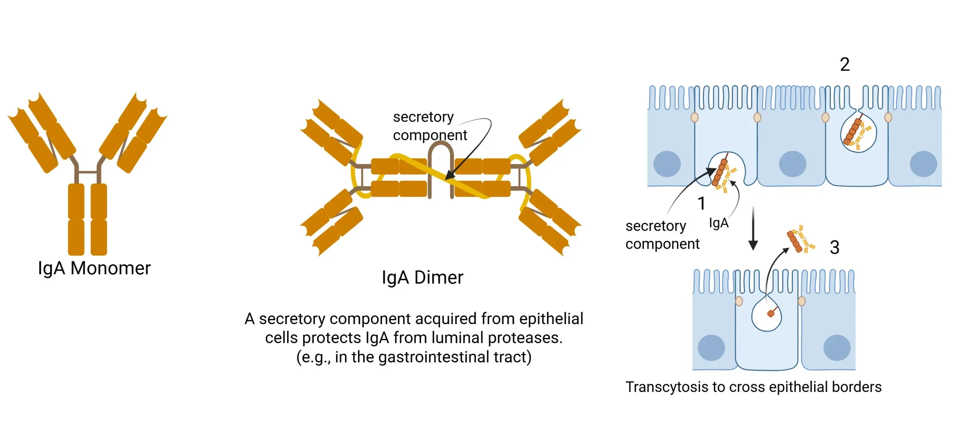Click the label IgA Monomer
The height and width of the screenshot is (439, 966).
94,268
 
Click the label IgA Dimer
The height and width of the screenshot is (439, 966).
422,278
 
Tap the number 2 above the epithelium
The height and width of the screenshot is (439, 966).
844,64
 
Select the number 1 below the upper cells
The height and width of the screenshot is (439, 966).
701,203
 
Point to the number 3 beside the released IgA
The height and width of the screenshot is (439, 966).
834,248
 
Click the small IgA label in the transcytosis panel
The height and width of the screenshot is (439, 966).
718,223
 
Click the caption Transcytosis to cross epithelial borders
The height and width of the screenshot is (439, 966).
753,387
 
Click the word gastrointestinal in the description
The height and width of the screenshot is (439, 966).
433,357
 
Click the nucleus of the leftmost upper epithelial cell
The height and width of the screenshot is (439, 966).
667,164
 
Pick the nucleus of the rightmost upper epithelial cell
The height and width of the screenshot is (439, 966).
923,164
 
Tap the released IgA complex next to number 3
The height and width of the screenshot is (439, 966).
800,240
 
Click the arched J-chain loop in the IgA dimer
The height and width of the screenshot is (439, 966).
441,158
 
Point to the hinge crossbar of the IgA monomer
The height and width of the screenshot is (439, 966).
88,172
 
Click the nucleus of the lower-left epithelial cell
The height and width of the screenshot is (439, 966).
711,347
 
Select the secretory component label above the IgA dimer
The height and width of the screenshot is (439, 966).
429,126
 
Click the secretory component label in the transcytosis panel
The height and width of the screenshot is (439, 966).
662,235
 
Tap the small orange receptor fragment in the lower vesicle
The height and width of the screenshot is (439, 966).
771,313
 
